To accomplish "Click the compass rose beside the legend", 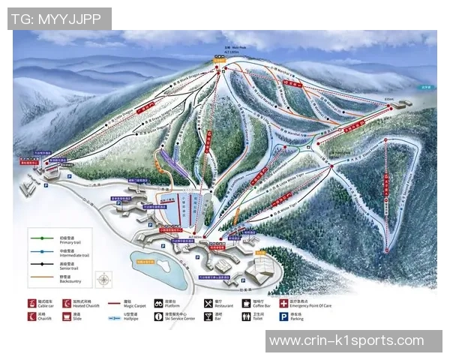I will [103, 280].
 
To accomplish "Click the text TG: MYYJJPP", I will [60, 19].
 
